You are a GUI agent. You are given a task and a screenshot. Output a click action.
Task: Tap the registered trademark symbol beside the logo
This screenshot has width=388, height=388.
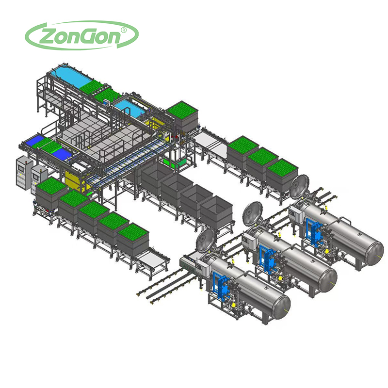click(123, 30)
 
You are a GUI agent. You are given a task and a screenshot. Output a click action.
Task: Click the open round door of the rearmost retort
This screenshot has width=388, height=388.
click(300, 187)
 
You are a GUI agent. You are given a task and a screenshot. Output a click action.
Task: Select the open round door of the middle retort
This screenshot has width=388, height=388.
click(252, 213)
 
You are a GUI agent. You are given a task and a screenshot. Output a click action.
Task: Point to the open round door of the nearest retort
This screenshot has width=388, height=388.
click(206, 241)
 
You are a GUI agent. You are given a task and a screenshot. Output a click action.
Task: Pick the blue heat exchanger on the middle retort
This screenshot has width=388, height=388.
click(268, 258)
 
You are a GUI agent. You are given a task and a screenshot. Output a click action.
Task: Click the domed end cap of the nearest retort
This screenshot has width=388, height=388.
click(282, 307)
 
